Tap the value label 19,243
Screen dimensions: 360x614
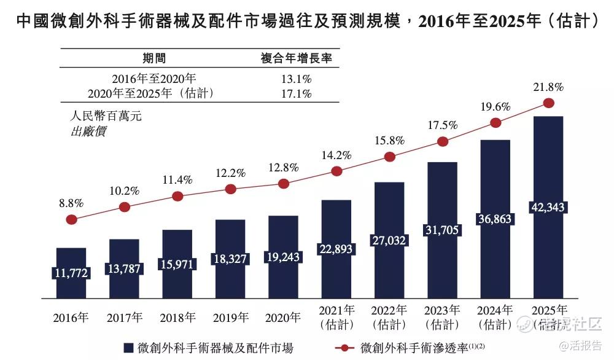(283, 258)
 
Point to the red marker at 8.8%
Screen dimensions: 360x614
(71, 219)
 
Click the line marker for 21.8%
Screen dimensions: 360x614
(548, 104)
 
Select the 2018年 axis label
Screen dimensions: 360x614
(177, 318)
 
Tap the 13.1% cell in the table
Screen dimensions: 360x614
(296, 79)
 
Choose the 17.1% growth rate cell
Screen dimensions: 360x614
(296, 93)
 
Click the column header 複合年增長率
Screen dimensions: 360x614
(296, 58)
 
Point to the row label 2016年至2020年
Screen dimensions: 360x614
(154, 79)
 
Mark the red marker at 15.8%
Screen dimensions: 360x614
(389, 157)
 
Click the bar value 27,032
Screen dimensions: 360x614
(389, 241)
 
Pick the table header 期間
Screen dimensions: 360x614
(154, 58)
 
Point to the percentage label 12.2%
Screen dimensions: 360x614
(230, 173)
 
